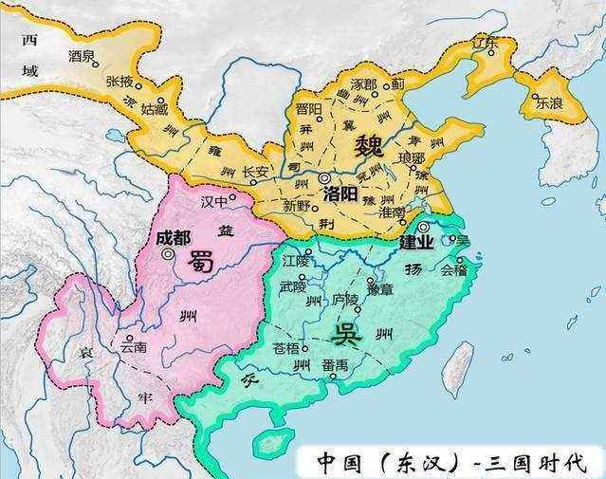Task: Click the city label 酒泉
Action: pos(82,56)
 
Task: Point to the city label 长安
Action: pos(255,172)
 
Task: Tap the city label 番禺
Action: pos(335,365)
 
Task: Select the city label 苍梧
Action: pos(285,347)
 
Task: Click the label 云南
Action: pos(133,347)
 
